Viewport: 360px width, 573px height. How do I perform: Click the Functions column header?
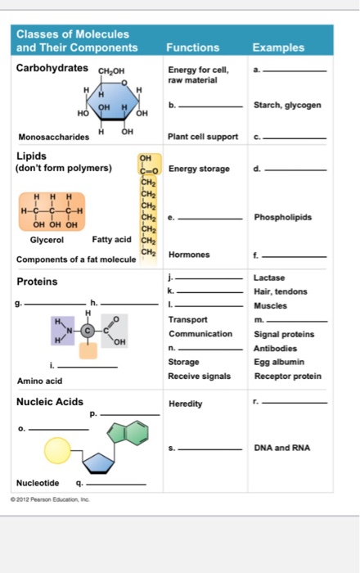[192, 47]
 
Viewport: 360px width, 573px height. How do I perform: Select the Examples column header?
[278, 47]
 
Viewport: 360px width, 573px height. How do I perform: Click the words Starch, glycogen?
[288, 105]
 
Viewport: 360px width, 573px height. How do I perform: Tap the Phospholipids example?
[282, 218]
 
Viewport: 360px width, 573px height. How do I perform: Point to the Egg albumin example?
[278, 361]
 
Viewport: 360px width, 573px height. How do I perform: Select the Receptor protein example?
[288, 376]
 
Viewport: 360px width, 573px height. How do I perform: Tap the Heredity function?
[186, 404]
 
